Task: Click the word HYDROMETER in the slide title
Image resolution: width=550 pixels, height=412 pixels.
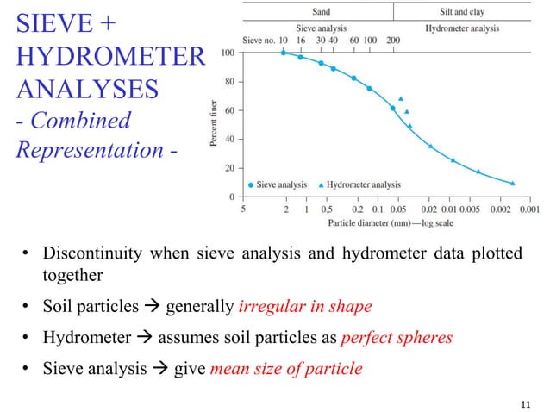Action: [109, 59]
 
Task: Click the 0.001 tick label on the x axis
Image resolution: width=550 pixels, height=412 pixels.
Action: [529, 208]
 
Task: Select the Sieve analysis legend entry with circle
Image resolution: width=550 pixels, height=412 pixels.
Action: [277, 184]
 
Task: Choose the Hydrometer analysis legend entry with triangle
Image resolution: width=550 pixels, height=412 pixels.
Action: [359, 184]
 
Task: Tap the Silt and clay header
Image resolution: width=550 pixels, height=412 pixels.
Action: [461, 13]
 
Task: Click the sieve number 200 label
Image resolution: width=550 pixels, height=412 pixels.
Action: [393, 40]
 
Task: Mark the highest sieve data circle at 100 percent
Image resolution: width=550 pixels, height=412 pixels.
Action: [284, 53]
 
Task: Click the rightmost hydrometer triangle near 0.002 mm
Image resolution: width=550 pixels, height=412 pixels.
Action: [513, 183]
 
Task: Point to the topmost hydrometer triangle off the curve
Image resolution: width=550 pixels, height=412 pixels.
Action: [401, 99]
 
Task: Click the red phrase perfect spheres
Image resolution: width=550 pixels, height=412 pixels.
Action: [397, 338]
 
